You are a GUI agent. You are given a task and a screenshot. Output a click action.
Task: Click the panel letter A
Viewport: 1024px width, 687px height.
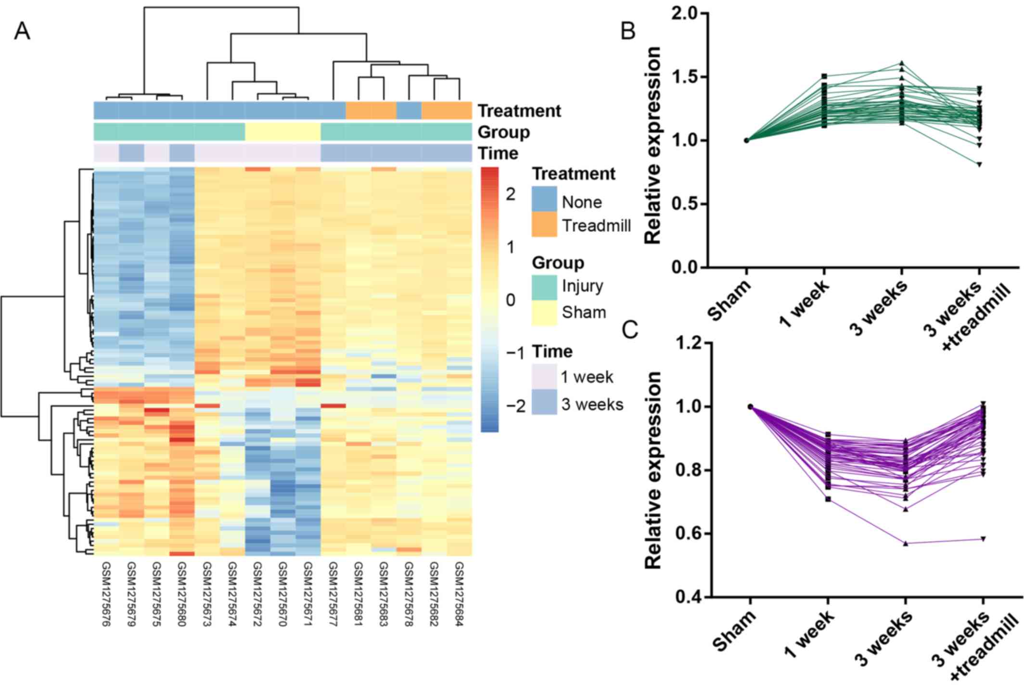click(22, 32)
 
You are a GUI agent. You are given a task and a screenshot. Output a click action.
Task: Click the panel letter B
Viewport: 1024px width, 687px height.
click(628, 31)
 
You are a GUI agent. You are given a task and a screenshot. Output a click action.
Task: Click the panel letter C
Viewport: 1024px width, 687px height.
click(630, 330)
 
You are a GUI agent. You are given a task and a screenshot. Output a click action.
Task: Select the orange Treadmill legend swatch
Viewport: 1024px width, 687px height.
click(544, 225)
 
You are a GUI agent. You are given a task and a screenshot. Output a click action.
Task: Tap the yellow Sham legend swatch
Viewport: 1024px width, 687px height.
click(544, 313)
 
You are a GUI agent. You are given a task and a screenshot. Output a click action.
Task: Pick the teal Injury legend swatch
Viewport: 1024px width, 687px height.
click(544, 287)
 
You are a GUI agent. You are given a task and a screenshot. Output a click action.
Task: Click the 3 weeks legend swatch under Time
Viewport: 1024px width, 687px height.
click(544, 402)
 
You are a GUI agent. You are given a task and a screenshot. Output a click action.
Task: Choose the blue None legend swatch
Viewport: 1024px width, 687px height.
click(544, 199)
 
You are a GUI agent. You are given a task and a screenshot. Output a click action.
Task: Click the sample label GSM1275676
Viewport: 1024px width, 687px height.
click(106, 594)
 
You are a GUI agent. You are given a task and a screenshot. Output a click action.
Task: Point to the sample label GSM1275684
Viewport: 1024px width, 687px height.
click(459, 594)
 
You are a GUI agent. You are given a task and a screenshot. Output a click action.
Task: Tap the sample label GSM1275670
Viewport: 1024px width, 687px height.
click(282, 594)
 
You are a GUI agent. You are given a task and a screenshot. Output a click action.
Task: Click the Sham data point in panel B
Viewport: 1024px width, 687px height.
click(746, 140)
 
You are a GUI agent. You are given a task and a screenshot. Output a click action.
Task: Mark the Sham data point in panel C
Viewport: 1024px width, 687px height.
click(750, 407)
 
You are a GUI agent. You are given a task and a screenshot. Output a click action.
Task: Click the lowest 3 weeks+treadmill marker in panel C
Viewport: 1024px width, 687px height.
click(983, 539)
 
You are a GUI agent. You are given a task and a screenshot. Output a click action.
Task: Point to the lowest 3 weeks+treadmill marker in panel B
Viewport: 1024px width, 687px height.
click(979, 165)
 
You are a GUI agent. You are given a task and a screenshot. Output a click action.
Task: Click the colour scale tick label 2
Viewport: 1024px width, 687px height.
click(510, 194)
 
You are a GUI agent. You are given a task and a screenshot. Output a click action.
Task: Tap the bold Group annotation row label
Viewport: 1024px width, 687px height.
click(503, 132)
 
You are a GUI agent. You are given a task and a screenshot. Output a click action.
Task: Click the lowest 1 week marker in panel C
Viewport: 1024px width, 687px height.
click(828, 499)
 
